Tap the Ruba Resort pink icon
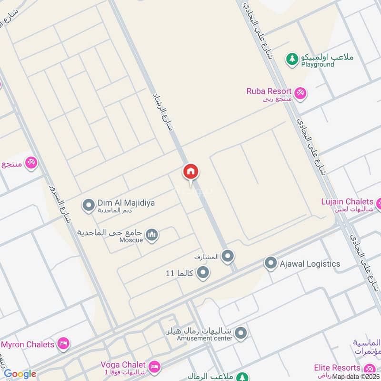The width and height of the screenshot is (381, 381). coord(300,93)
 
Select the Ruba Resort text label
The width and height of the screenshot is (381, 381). coord(269,91)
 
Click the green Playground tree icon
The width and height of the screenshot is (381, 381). coord(291,59)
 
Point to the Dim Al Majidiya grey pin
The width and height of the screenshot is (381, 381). coord(88,206)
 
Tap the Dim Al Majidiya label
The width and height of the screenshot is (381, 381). coord(126,203)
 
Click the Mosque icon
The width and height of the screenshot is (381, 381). coord(152,235)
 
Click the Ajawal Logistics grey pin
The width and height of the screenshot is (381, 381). coord(271,263)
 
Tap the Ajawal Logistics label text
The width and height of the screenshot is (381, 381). coord(310,263)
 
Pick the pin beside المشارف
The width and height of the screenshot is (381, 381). coord(228,257)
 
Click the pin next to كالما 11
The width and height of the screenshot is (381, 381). coord(203,273)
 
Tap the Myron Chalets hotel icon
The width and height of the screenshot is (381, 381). coord(63,343)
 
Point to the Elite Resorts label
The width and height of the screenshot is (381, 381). coord(337,368)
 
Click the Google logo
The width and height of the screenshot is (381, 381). coord(20,374)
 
